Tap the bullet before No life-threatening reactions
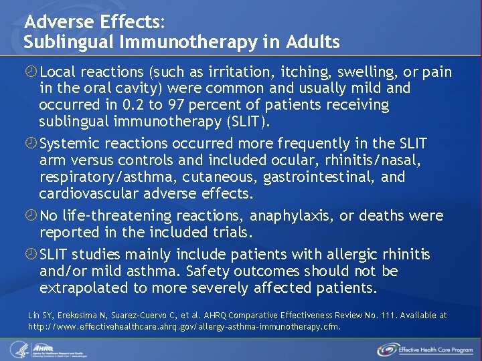30,216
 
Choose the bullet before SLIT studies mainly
30,255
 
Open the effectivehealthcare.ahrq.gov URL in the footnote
185,327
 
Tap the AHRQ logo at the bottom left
50,349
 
